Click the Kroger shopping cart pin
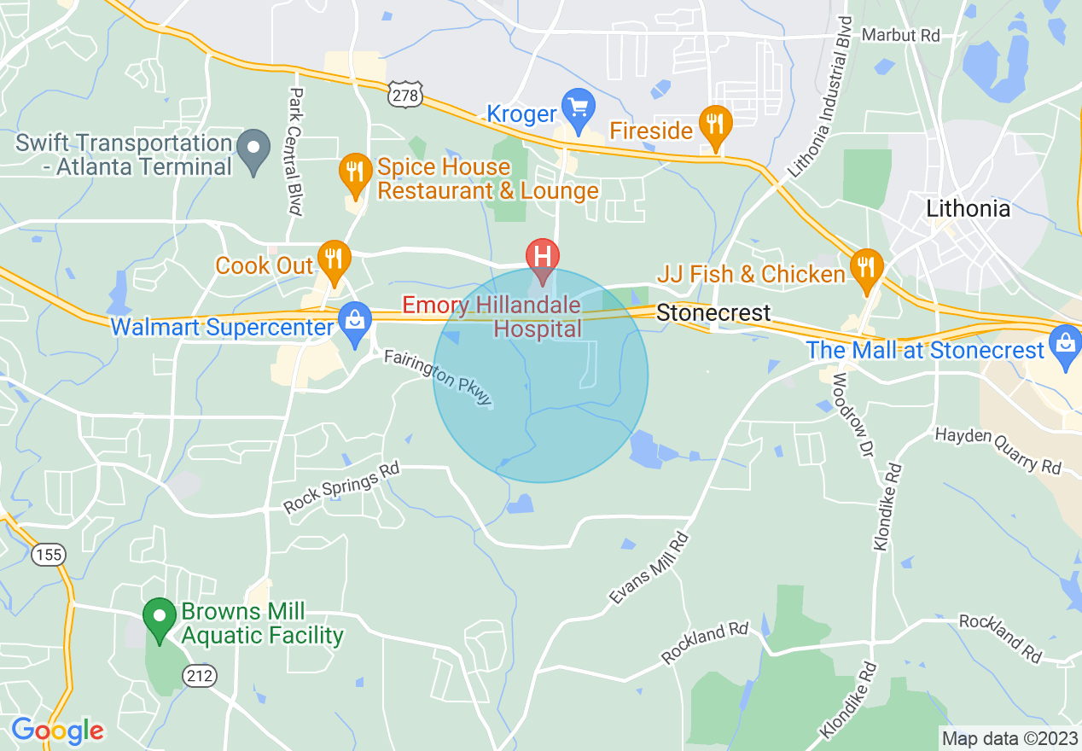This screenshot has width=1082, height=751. pyautogui.click(x=579, y=108)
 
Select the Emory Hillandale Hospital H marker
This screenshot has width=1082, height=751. pyautogui.click(x=543, y=256)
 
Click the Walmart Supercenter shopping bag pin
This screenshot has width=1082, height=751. pyautogui.click(x=354, y=321)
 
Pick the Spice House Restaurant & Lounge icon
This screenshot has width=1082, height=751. pyautogui.click(x=353, y=172)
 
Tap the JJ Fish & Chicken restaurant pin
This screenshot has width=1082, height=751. pyautogui.click(x=866, y=267)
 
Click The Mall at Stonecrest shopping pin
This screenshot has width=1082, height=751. pyautogui.click(x=1065, y=343)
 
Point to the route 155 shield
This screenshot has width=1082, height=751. pyautogui.click(x=49, y=555)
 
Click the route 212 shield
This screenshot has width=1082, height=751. pyautogui.click(x=200, y=676)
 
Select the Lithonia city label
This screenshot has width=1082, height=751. pyautogui.click(x=968, y=208)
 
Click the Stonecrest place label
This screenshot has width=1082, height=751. pyautogui.click(x=713, y=313)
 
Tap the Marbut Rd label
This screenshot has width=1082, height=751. pyautogui.click(x=900, y=35)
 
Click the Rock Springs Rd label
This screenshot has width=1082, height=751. pyautogui.click(x=341, y=488)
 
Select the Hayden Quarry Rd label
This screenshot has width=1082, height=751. pyautogui.click(x=998, y=450)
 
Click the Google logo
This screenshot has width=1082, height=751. pyautogui.click(x=57, y=731)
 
